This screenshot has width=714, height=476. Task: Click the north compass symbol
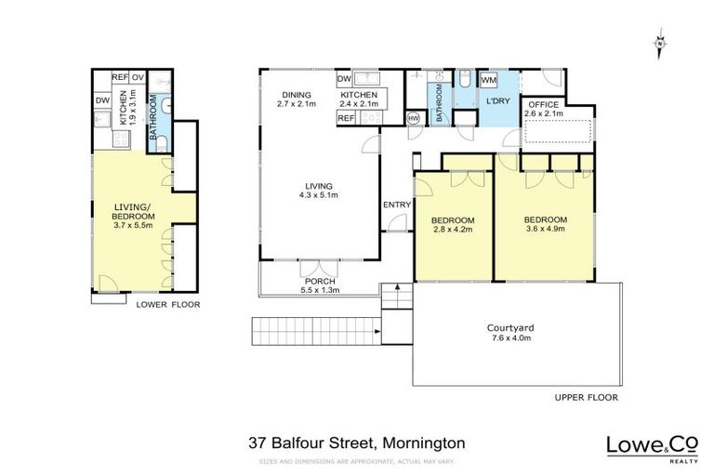tap(659, 43)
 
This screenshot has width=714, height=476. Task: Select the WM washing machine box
tap(489, 81)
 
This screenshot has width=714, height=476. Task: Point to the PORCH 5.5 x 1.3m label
tap(319, 284)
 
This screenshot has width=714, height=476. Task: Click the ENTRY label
tap(396, 205)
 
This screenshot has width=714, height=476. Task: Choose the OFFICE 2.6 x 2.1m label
tap(544, 110)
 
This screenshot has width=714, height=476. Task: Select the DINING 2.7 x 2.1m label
tap(297, 99)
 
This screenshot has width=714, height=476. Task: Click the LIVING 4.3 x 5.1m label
tap(317, 190)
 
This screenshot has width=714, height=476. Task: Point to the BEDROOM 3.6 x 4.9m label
tap(546, 224)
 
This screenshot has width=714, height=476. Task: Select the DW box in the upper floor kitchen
tap(344, 79)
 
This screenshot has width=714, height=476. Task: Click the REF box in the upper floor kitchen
tap(346, 118)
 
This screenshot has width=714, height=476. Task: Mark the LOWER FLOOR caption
tap(167, 304)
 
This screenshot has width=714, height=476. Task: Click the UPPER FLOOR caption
tap(586, 397)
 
